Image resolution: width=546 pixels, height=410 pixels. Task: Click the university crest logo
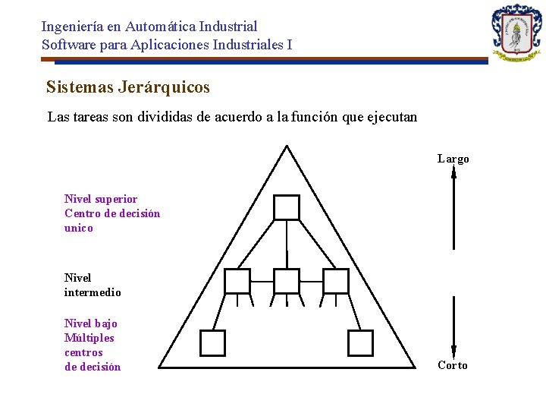[x=516, y=33]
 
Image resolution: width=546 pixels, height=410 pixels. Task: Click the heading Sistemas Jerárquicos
[x=127, y=87]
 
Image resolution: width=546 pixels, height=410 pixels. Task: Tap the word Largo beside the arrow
[x=453, y=159]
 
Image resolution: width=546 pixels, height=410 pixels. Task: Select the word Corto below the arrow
[x=453, y=365]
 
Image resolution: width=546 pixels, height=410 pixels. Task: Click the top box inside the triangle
[x=287, y=207]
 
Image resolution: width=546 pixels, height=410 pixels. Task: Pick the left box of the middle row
[x=237, y=281]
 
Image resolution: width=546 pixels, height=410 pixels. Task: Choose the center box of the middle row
[x=287, y=281]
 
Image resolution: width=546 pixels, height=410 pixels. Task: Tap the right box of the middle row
[x=335, y=281]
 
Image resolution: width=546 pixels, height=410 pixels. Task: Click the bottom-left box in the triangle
[x=212, y=342]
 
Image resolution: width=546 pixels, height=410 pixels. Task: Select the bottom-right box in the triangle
[x=360, y=342]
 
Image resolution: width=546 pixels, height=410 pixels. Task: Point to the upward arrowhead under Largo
[x=453, y=172]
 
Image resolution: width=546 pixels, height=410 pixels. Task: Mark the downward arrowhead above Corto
[x=453, y=350]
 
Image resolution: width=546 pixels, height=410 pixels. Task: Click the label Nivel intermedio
[x=93, y=285]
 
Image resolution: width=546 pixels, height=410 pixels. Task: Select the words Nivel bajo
[x=91, y=323]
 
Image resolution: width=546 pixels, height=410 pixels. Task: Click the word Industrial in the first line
[x=230, y=27]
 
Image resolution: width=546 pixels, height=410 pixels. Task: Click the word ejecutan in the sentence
[x=391, y=118]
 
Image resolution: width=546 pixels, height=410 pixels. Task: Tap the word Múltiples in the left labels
[x=89, y=338]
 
